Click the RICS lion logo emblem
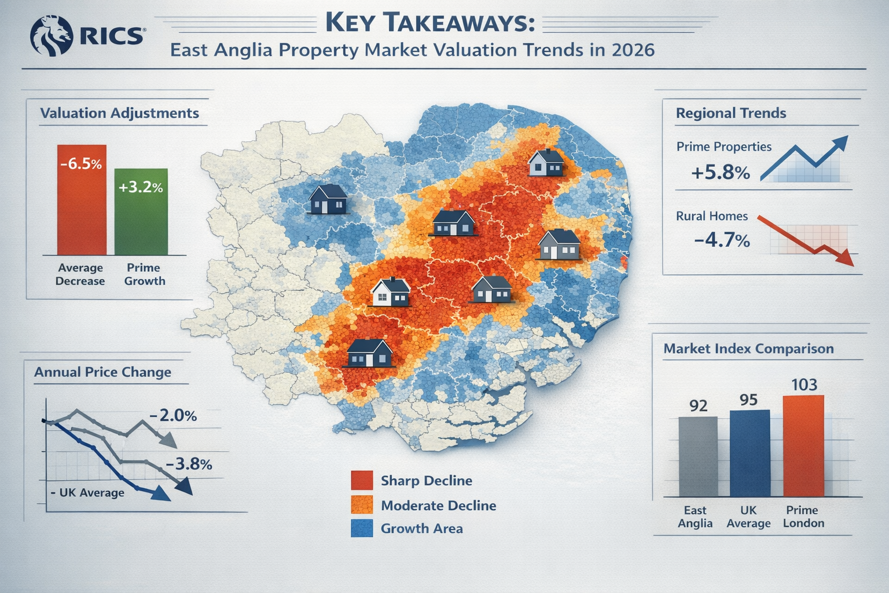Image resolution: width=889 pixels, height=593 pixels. pyautogui.click(x=51, y=35)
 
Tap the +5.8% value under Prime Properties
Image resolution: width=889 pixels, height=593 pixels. pyautogui.click(x=720, y=172)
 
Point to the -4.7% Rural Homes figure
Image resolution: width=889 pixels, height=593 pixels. pyautogui.click(x=721, y=239)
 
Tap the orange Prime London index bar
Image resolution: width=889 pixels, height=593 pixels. pyautogui.click(x=803, y=446)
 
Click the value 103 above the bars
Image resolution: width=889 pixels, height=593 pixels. pyautogui.click(x=803, y=385)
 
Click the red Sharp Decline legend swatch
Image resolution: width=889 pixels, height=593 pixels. pyautogui.click(x=362, y=481)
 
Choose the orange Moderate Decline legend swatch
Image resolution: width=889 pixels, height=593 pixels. pyautogui.click(x=362, y=505)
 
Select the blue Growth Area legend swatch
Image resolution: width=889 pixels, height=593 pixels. pyautogui.click(x=362, y=528)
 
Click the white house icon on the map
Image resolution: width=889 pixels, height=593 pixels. pyautogui.click(x=390, y=292)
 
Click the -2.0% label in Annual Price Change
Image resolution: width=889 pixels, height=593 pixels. pyautogui.click(x=172, y=416)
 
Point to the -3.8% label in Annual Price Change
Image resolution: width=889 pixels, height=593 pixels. pyautogui.click(x=188, y=464)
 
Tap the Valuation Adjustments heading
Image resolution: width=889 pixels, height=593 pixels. pyautogui.click(x=119, y=113)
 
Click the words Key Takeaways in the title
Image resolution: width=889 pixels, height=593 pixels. pyautogui.click(x=429, y=24)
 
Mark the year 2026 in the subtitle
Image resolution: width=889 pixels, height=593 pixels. pyautogui.click(x=632, y=50)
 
